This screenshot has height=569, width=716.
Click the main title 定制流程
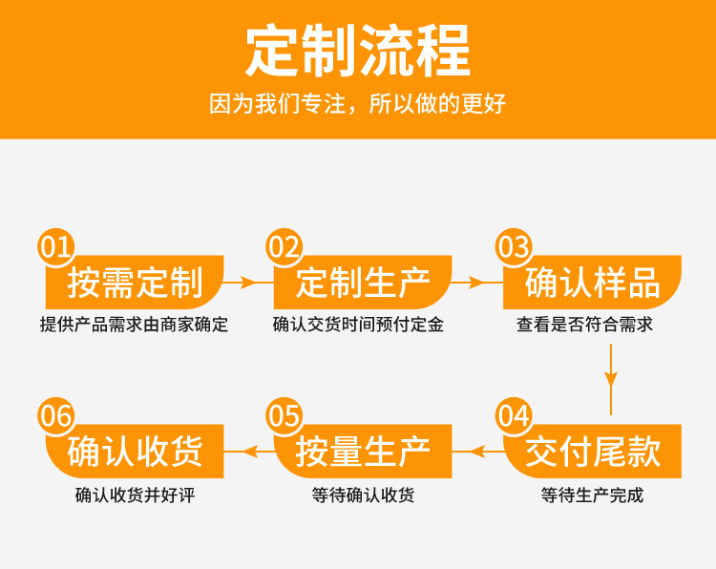pos(357,51)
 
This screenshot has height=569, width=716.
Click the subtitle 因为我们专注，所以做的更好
pos(357,104)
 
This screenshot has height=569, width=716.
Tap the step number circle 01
pos(55,248)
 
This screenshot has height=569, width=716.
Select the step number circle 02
pos(284,248)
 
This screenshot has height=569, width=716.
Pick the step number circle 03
pos(514,248)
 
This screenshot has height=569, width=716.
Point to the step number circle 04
pos(514,416)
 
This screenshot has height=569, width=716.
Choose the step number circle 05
pos(284,416)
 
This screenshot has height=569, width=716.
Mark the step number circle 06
pos(55,416)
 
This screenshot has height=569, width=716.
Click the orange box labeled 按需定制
pos(135,283)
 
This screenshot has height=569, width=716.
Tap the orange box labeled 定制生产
pos(363,283)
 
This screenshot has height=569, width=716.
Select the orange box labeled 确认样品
pos(593,283)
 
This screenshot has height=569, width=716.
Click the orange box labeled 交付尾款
pos(593,452)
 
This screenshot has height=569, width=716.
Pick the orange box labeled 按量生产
pos(363,452)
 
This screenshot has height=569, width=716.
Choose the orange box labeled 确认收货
pos(135,452)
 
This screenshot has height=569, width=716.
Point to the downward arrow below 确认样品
pos(611,368)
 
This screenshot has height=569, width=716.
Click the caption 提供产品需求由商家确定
pos(134,325)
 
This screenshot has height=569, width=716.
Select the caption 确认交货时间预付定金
pos(358,325)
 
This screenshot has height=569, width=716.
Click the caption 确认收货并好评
pos(134,495)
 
